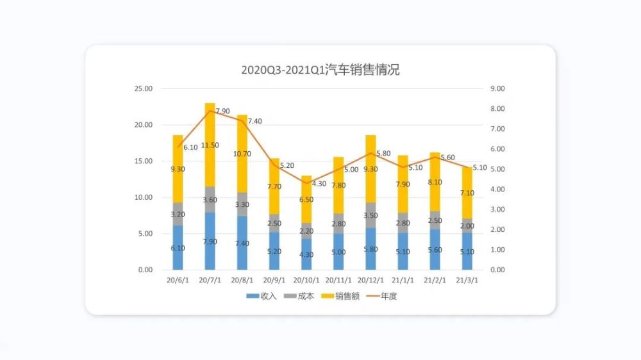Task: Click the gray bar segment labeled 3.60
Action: (210, 199)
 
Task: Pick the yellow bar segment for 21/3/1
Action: (468, 192)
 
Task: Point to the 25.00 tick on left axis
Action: (143, 88)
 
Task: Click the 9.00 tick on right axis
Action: (497, 88)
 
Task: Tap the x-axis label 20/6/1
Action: (178, 281)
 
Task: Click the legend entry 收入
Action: (262, 297)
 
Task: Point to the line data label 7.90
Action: (222, 111)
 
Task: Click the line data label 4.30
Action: (319, 184)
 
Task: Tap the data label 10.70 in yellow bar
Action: (242, 154)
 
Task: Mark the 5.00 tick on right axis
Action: (497, 169)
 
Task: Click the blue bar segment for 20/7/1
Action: (210, 241)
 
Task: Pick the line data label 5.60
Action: (447, 158)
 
